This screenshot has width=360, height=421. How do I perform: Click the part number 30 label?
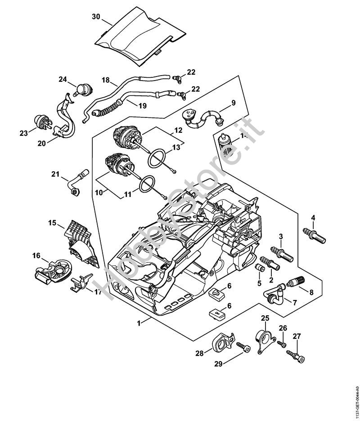(95, 16)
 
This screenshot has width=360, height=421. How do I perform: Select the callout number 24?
(63, 80)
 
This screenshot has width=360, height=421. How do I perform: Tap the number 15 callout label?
(53, 223)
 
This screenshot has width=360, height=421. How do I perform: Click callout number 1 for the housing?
(140, 322)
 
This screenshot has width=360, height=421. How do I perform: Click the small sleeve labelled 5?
(260, 269)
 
